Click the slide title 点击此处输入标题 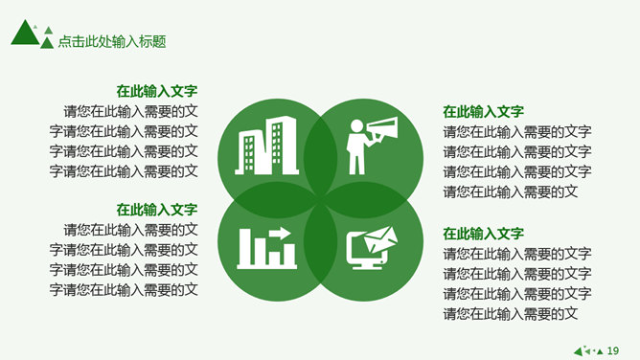[x=112, y=41]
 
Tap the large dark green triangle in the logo [x=25, y=34]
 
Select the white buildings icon [x=266, y=146]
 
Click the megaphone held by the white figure [x=382, y=129]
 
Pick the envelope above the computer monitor [x=380, y=239]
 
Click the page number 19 [x=613, y=350]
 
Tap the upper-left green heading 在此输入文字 [x=157, y=91]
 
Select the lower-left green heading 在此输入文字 [x=157, y=210]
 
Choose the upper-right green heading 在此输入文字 [x=483, y=111]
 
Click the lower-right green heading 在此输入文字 [x=483, y=234]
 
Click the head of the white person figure [x=356, y=126]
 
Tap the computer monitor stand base [x=367, y=267]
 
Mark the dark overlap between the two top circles [x=320, y=158]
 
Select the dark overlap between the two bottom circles [x=320, y=242]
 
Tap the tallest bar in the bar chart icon [x=244, y=247]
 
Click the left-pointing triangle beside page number [x=578, y=351]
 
